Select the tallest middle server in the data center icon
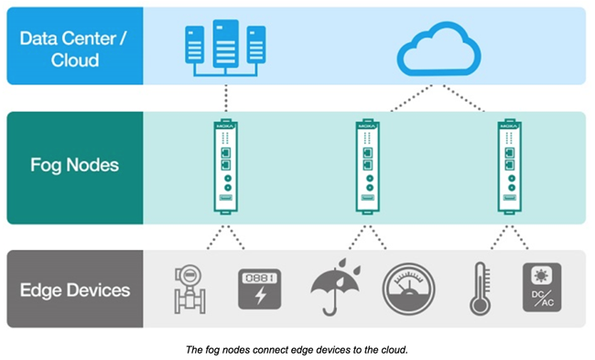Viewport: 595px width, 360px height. point(225,42)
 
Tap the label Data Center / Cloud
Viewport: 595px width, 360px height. point(74,46)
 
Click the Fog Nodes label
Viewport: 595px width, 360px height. point(74,168)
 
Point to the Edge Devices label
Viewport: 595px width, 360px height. point(74,290)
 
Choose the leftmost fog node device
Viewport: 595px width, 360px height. point(225,167)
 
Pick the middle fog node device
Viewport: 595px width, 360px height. point(366,167)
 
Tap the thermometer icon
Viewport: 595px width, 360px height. point(477,288)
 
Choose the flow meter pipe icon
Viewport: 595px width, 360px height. point(189,288)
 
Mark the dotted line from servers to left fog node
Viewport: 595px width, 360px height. point(225,100)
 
